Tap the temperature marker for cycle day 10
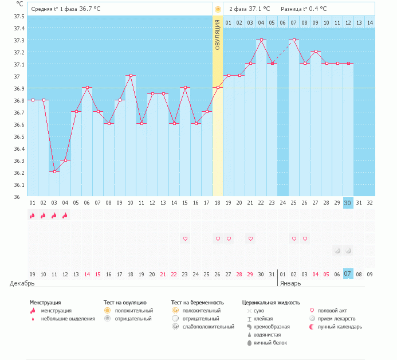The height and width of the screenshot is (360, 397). pyautogui.click(x=131, y=76)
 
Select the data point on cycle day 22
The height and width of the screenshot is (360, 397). pyautogui.click(x=261, y=40)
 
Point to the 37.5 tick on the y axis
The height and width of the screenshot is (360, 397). pyautogui.click(x=19, y=16)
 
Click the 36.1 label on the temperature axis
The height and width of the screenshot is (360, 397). pyautogui.click(x=19, y=185)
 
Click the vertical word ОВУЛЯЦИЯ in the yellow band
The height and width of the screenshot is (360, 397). pyautogui.click(x=218, y=35)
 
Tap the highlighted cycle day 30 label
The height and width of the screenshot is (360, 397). pyautogui.click(x=348, y=202)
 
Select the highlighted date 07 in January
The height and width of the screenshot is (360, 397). pyautogui.click(x=348, y=274)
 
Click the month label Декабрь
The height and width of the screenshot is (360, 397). pyautogui.click(x=22, y=283)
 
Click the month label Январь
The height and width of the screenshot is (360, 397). pyautogui.click(x=292, y=283)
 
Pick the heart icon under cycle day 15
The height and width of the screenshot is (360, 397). pyautogui.click(x=185, y=238)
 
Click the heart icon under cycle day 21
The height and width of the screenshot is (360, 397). pyautogui.click(x=250, y=238)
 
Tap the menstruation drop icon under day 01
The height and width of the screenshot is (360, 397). pyautogui.click(x=33, y=216)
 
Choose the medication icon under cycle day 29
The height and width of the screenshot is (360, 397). pyautogui.click(x=337, y=251)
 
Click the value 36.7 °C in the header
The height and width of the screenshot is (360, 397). pyautogui.click(x=89, y=9)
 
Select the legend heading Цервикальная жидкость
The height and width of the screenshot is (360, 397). pyautogui.click(x=271, y=302)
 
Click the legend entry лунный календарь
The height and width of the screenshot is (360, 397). pyautogui.click(x=341, y=327)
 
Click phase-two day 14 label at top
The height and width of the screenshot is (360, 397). pyautogui.click(x=370, y=22)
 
